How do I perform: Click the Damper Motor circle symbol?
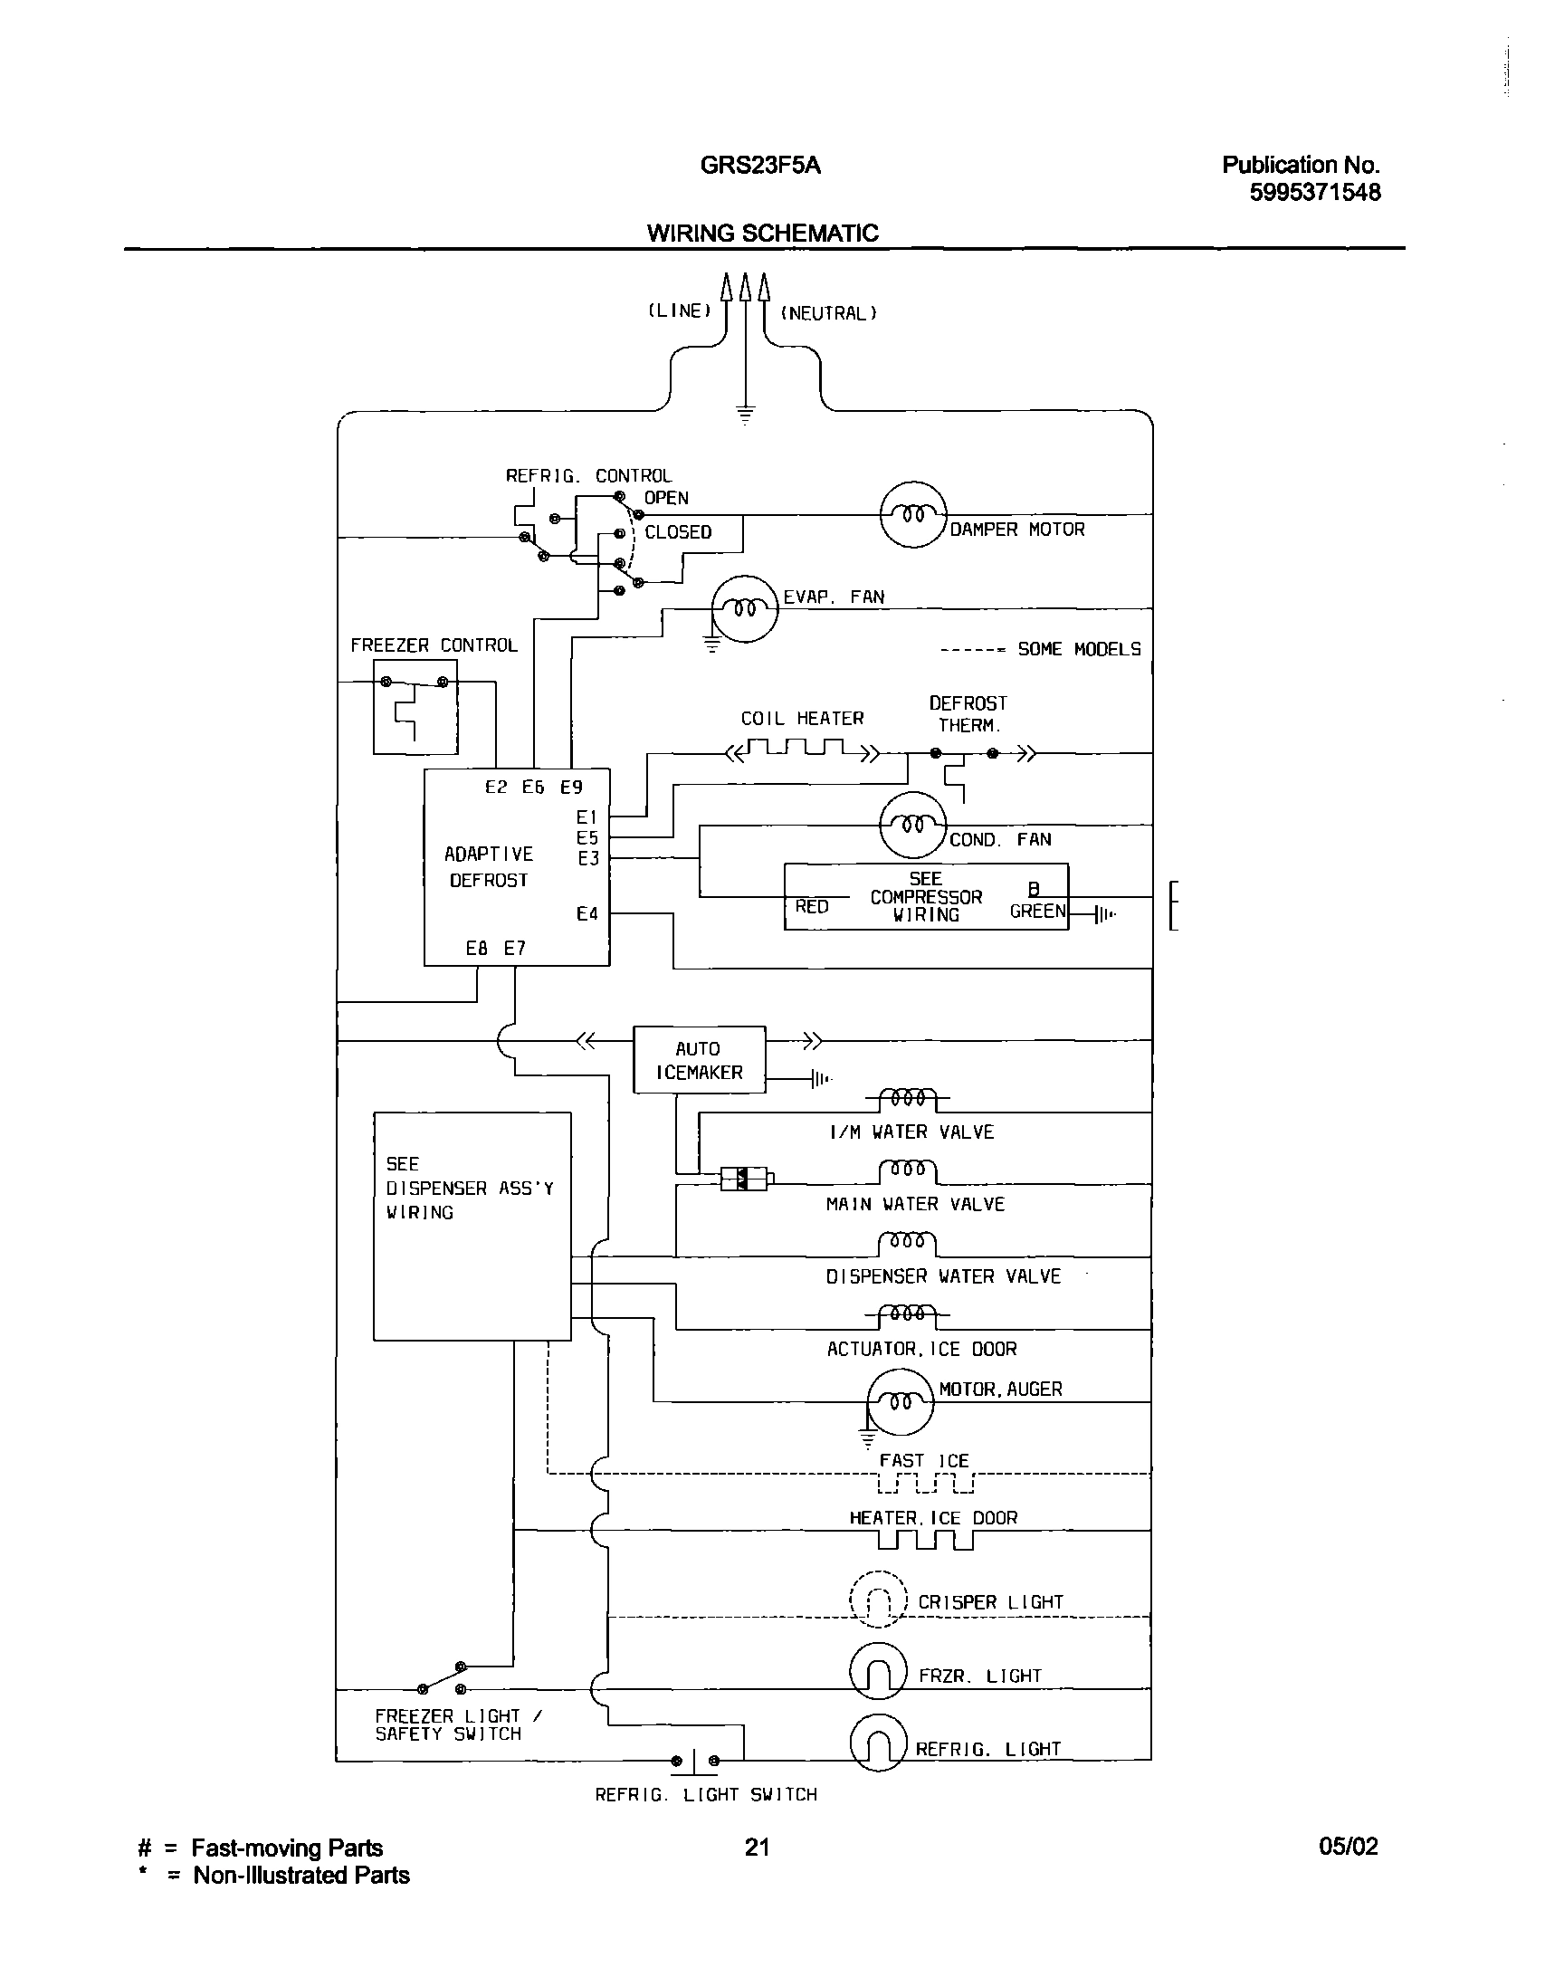point(914,514)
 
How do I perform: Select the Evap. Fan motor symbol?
point(745,609)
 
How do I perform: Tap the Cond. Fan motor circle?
point(913,825)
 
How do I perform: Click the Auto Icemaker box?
point(699,1060)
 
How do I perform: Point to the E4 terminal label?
point(587,914)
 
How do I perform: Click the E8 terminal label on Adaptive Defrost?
point(477,949)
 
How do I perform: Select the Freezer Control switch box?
point(415,707)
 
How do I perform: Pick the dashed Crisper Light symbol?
point(878,1599)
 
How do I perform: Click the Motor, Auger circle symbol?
point(899,1402)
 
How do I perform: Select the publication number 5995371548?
point(1314,193)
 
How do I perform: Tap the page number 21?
point(757,1847)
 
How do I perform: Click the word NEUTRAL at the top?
point(828,314)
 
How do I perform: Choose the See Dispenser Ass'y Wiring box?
point(472,1226)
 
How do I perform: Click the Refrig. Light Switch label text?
point(705,1795)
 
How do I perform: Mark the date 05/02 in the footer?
point(1349,1847)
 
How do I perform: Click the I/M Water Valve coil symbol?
point(908,1098)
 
